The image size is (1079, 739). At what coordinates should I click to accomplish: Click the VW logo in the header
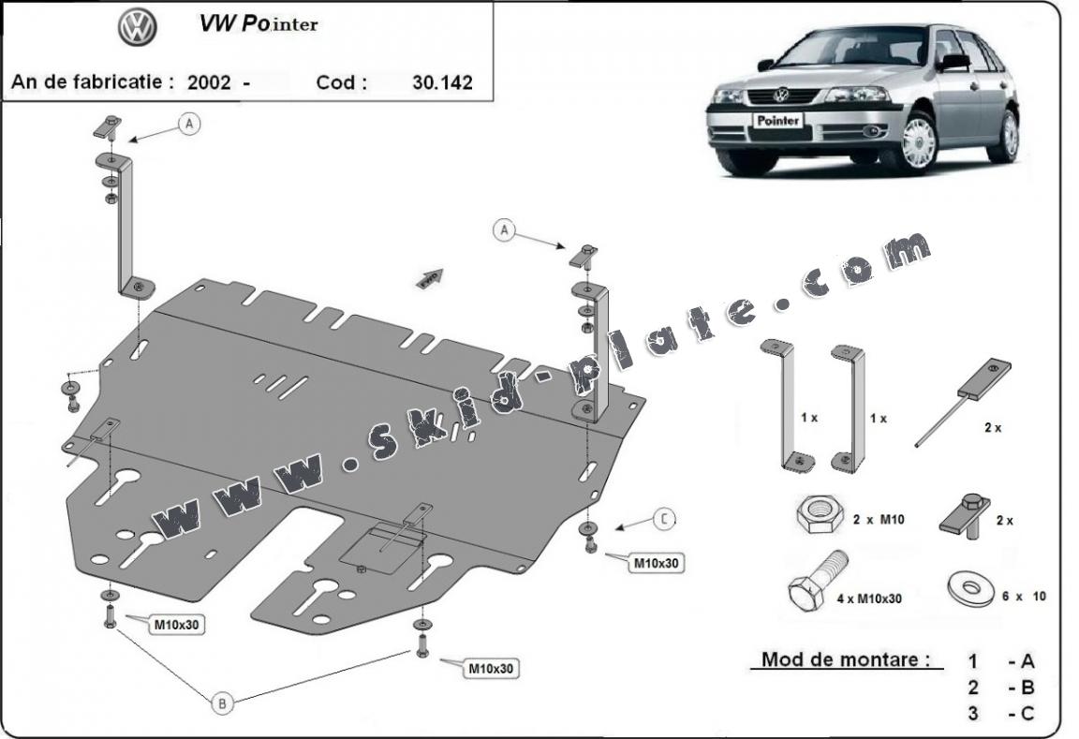tap(136, 27)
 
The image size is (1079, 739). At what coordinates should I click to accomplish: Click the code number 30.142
tap(442, 81)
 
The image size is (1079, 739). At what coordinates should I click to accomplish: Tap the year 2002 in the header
tap(209, 81)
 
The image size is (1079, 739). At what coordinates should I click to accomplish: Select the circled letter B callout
tap(222, 702)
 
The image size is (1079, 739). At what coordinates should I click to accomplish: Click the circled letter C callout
tap(663, 518)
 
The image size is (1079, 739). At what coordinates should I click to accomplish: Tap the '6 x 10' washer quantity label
tap(1024, 596)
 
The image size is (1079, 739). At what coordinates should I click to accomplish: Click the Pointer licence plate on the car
tap(777, 121)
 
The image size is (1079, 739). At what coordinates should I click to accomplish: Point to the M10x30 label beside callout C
tap(658, 563)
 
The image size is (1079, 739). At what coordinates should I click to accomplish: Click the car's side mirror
tap(955, 62)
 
